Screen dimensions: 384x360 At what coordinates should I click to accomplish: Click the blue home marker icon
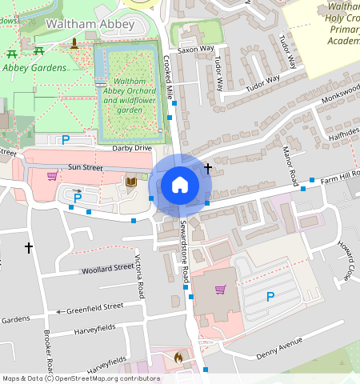coord(180,186)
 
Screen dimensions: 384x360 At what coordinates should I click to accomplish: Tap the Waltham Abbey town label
coord(78,24)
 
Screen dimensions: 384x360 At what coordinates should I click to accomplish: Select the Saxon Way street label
coord(196,49)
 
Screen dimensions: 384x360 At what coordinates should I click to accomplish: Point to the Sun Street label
coord(86,167)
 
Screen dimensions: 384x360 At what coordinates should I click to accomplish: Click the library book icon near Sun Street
coord(131,182)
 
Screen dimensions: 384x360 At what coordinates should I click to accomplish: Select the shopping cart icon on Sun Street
coord(52,176)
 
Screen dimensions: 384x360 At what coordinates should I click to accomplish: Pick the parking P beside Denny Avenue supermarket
coord(270,298)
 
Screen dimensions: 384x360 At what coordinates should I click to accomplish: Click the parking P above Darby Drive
coord(66,139)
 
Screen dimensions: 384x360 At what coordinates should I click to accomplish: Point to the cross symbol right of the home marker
coord(208,168)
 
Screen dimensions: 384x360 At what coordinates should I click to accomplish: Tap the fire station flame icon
coord(178,357)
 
